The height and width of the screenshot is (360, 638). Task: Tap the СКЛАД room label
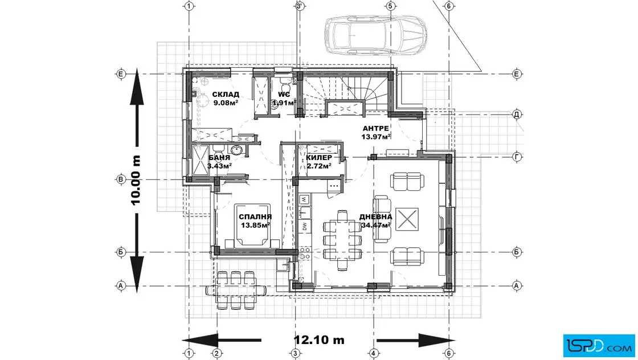[x=226, y=95]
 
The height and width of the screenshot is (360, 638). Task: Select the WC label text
[x=284, y=95]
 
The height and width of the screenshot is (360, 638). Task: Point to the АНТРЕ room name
[x=375, y=129]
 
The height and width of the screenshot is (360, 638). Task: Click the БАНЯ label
[x=219, y=158]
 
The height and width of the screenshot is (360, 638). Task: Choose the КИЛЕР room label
[x=319, y=158]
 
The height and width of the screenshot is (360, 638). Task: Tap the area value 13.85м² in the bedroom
[x=256, y=225]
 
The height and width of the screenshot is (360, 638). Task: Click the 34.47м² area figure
[x=376, y=225]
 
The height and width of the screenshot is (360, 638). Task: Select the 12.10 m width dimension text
[x=319, y=339]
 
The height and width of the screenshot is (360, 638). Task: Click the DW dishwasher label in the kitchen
[x=304, y=227]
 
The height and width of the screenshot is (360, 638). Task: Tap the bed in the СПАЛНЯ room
[x=252, y=226]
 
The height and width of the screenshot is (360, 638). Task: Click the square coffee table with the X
[x=407, y=219]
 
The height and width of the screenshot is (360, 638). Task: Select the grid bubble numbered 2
[x=217, y=354]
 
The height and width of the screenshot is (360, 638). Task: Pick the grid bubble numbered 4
[x=374, y=354]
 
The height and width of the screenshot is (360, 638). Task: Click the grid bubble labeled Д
[x=517, y=114]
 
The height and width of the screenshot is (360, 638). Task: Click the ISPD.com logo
[x=599, y=345]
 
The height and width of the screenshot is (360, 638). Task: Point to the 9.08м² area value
[x=226, y=103]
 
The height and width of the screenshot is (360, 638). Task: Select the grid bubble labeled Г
[x=517, y=157]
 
